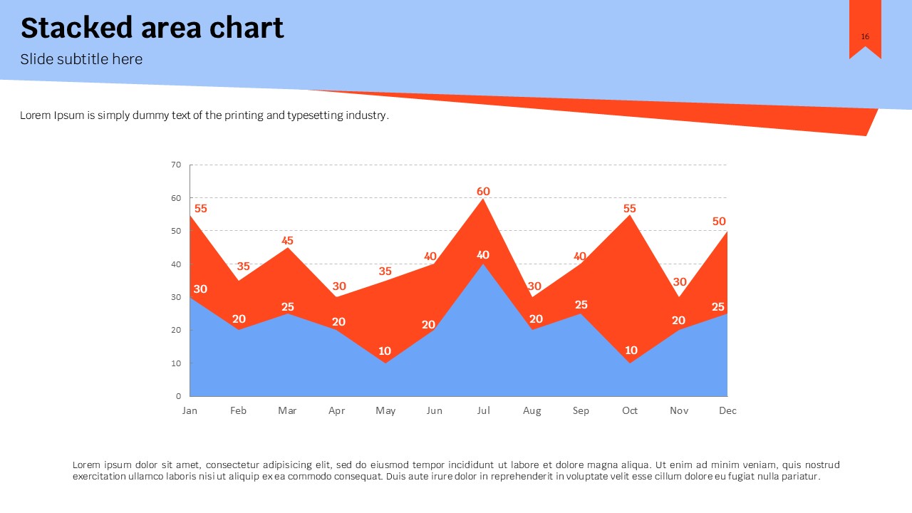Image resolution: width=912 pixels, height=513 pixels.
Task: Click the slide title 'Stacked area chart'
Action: pyautogui.click(x=152, y=28)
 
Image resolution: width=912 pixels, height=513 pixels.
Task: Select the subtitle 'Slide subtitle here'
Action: pyautogui.click(x=81, y=59)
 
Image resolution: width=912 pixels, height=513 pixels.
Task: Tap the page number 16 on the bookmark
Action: pyautogui.click(x=865, y=37)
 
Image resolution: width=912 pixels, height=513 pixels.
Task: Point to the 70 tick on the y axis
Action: pyautogui.click(x=176, y=165)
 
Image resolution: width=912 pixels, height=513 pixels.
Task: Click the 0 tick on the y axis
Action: pyautogui.click(x=178, y=396)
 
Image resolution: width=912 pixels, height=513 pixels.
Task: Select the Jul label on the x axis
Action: pyautogui.click(x=483, y=410)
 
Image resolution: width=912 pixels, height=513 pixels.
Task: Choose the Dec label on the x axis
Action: pyautogui.click(x=727, y=410)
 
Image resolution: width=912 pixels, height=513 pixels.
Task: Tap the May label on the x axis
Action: pyautogui.click(x=385, y=410)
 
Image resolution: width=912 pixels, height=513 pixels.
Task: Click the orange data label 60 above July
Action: pyautogui.click(x=483, y=191)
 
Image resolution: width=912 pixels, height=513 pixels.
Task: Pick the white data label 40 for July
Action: pyautogui.click(x=483, y=255)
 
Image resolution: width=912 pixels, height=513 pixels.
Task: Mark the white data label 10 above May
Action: pyautogui.click(x=385, y=351)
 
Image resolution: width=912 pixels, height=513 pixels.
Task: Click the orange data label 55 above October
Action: pyautogui.click(x=629, y=209)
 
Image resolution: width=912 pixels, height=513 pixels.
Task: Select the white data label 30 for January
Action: pyautogui.click(x=200, y=289)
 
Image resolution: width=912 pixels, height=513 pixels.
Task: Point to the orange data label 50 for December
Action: pyautogui.click(x=719, y=222)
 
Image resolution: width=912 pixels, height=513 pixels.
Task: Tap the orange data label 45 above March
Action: pyautogui.click(x=287, y=241)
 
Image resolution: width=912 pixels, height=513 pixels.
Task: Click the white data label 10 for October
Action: pyautogui.click(x=631, y=351)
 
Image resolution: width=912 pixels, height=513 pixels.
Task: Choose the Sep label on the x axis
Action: pyautogui.click(x=581, y=410)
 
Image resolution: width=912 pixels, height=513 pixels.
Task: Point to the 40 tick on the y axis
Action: pyautogui.click(x=176, y=264)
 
